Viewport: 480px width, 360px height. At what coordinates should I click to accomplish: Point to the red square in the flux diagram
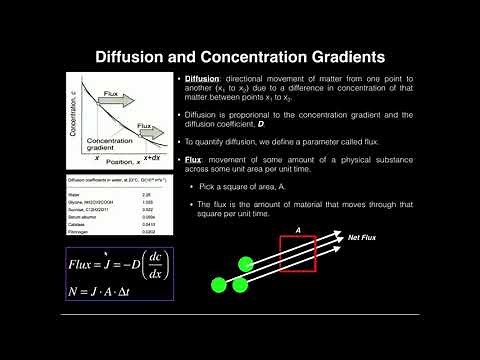pyautogui.click(x=297, y=253)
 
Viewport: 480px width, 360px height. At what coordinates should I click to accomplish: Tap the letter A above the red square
pyautogui.click(x=297, y=228)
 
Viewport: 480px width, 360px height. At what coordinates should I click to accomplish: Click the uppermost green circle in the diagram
pyautogui.click(x=247, y=265)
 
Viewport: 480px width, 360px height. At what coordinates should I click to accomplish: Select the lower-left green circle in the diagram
pyautogui.click(x=218, y=287)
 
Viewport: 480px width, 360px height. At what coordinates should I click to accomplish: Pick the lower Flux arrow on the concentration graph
pyautogui.click(x=146, y=127)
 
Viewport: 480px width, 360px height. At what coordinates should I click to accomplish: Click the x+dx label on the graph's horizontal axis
pyautogui.click(x=150, y=157)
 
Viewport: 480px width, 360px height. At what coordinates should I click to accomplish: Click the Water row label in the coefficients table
pyautogui.click(x=86, y=195)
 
